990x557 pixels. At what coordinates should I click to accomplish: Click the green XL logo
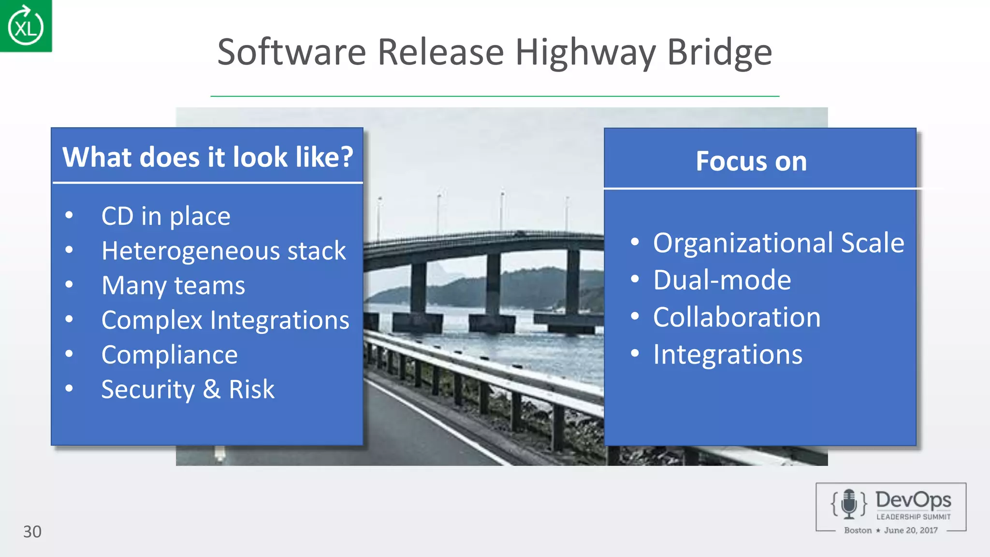pos(26,26)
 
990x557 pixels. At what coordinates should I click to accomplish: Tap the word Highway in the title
pos(585,52)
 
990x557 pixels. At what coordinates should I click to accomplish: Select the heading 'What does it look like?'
pos(208,157)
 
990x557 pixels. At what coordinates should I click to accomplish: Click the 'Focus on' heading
pos(751,161)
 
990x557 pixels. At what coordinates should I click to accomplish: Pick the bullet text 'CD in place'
pos(166,216)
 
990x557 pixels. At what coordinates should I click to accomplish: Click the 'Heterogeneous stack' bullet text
pos(223,250)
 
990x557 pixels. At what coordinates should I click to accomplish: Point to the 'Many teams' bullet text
pos(173,285)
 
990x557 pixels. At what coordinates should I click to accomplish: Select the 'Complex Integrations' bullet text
pos(225,320)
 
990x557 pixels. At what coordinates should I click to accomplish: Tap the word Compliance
pos(169,355)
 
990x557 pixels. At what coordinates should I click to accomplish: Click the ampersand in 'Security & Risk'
pos(211,389)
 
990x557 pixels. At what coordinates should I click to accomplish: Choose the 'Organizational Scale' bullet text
pos(778,243)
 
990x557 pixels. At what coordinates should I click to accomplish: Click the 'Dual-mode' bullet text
pos(722,280)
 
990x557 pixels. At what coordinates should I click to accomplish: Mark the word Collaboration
pos(737,317)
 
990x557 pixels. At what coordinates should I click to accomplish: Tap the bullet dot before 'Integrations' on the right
pos(635,353)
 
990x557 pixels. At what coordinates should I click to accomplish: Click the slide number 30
pos(32,531)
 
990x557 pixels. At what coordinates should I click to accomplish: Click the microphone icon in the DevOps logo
pos(849,504)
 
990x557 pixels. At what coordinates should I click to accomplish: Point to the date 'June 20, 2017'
pos(911,530)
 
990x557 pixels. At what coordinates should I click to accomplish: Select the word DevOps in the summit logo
pos(913,500)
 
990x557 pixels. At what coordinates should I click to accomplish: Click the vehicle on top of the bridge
pos(520,234)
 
